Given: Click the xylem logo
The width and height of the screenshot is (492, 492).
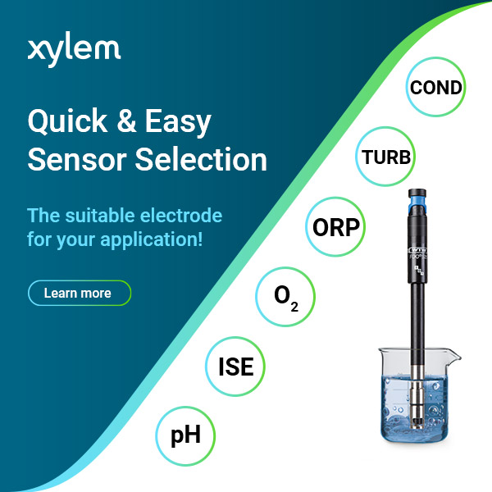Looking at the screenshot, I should coord(74,48).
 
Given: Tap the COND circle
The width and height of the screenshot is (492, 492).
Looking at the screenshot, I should coord(436,88).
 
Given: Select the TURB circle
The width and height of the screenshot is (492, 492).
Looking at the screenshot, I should coord(385,156).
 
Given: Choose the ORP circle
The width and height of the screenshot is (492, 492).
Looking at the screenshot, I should coord(337,226).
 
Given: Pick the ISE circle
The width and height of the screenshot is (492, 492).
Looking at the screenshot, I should coord(235,367).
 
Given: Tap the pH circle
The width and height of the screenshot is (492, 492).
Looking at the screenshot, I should coord(186,434).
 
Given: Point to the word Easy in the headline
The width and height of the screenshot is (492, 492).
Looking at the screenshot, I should coord(179,123).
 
